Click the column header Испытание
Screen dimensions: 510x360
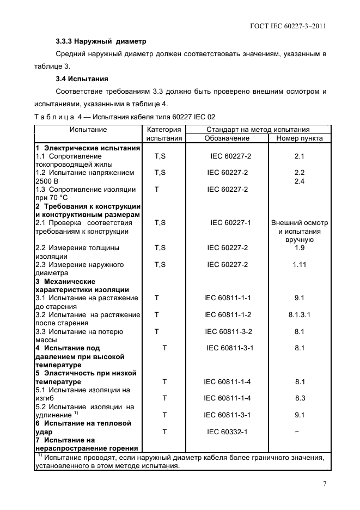pos(88,130)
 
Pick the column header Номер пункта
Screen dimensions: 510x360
pos(300,138)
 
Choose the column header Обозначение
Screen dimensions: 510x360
pos(227,138)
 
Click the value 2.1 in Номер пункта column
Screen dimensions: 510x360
pos(300,156)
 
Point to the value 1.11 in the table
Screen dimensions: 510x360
pos(300,265)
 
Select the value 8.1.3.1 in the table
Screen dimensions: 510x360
pos(300,315)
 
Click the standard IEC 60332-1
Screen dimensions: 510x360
pos(227,432)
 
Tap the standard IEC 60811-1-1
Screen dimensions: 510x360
pos(227,298)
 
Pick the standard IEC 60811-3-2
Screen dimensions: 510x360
pos(228,331)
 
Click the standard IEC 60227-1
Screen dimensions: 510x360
pos(230,223)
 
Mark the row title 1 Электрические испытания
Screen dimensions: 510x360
pos(88,148)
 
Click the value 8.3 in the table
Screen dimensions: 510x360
pos(300,398)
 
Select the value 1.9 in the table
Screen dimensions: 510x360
pos(300,248)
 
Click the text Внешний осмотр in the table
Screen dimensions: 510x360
pos(300,223)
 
